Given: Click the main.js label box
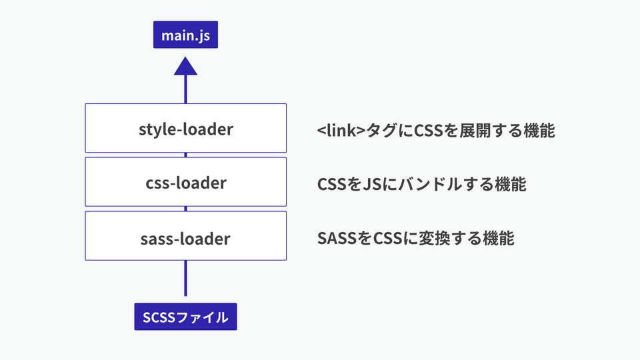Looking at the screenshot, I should (185, 35).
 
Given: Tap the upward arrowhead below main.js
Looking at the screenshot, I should (185, 65).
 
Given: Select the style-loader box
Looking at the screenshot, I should (185, 128).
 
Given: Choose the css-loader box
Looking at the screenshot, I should (185, 182).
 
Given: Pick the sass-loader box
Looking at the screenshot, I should (185, 236).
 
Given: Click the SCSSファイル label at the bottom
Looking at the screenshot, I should (185, 317).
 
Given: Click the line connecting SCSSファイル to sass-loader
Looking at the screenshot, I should (185, 278).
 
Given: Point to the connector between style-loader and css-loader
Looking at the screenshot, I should (185, 155).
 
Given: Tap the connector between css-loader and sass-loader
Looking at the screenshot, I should (185, 209).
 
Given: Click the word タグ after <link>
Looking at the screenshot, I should (381, 130).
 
